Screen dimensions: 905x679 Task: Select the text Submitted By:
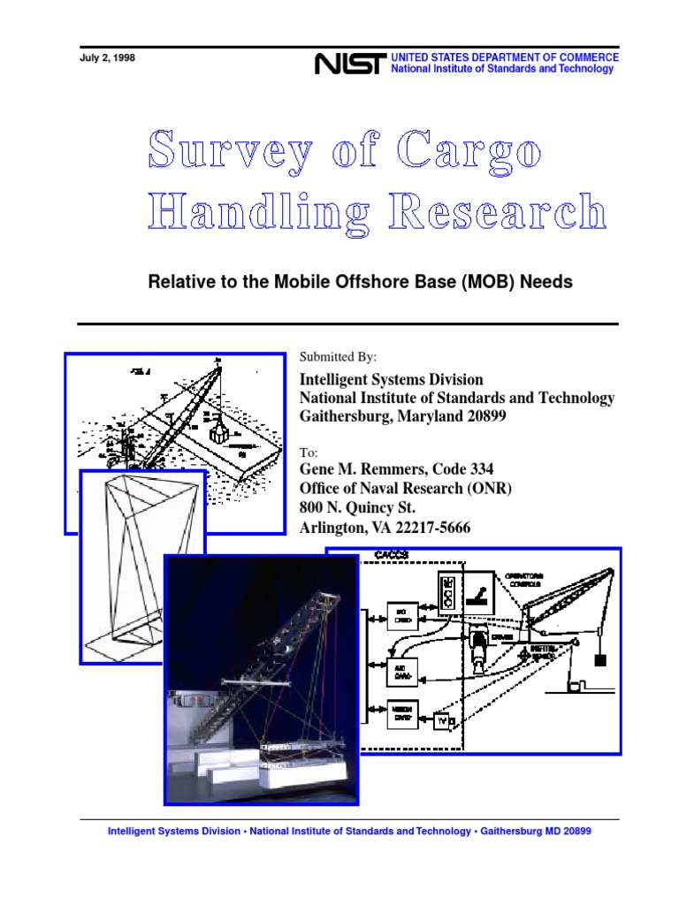click(x=339, y=357)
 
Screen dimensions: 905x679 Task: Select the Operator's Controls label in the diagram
click(x=525, y=581)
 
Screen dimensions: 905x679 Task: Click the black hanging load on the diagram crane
click(x=603, y=658)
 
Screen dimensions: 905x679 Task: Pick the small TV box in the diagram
click(x=442, y=722)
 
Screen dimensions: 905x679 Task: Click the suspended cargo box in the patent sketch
click(x=218, y=435)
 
